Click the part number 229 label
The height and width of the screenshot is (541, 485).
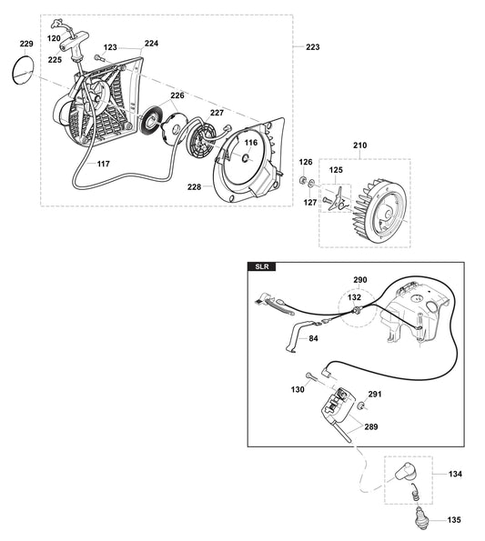[25, 44]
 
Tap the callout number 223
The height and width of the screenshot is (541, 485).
[312, 46]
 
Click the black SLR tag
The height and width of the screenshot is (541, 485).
[262, 267]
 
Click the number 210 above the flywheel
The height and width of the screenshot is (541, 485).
[359, 145]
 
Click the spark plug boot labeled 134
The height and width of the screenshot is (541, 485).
[404, 475]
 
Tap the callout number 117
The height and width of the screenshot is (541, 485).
[104, 164]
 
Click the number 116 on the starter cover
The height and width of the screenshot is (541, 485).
[250, 143]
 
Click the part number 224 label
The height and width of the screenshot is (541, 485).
[151, 43]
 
